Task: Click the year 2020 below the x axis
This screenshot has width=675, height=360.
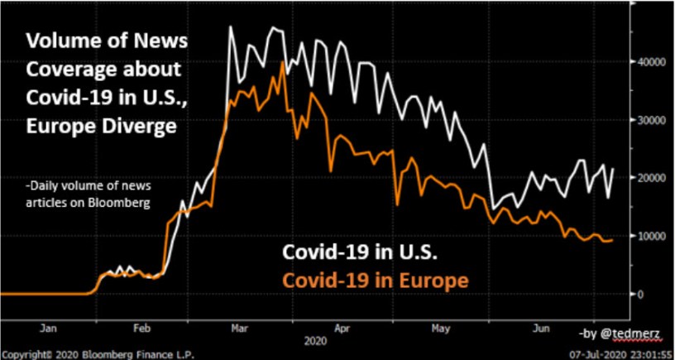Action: click(x=315, y=339)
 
